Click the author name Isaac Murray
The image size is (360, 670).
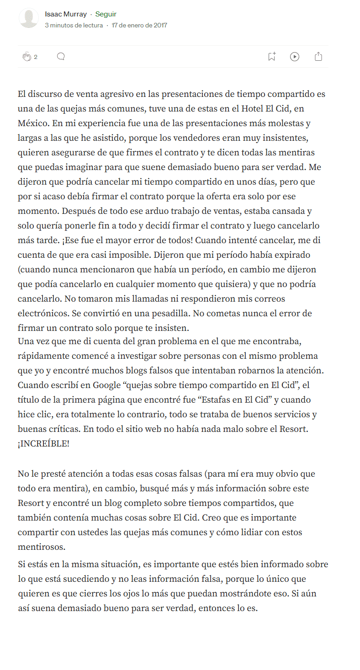coord(66,14)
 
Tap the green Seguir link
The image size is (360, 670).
coord(106,14)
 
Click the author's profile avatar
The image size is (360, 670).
coord(28,18)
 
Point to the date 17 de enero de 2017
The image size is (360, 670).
coord(139,26)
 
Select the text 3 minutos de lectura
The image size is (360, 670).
coord(74,26)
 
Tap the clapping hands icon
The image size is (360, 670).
coord(26,57)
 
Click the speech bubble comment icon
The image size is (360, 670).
coord(61,56)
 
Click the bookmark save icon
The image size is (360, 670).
coord(271,57)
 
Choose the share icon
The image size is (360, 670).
coord(318,57)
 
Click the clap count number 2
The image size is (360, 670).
coord(36,57)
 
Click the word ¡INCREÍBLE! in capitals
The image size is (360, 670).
coord(43,444)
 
